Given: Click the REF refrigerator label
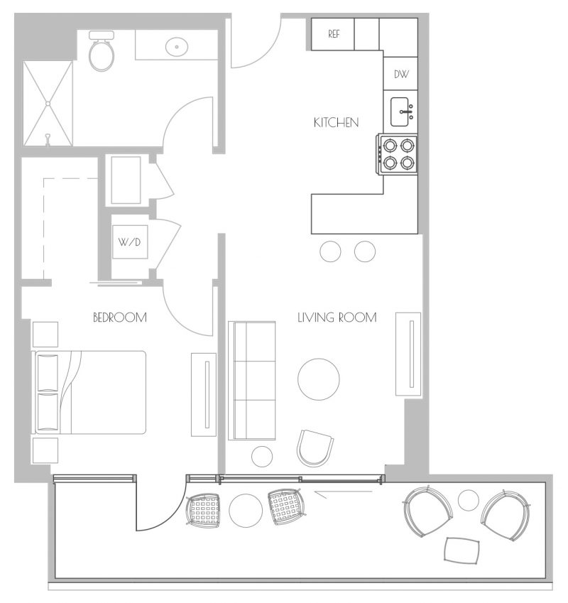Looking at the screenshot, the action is point(334,34).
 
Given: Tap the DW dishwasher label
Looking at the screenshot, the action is point(401,75).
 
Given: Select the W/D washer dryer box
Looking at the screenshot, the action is point(130,242).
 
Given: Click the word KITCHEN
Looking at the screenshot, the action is point(337,123).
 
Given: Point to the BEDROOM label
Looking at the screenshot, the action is point(120,317).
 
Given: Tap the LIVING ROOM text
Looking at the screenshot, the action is point(337,317).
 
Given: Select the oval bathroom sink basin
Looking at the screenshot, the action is point(177,47).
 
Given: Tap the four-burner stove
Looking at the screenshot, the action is point(398,155).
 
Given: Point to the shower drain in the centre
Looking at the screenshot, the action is point(48,104).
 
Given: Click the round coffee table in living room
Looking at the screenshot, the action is point(319,379).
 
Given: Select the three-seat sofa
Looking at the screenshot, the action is point(252,380).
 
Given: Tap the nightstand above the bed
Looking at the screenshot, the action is point(45,335).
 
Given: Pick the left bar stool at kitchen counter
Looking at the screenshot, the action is point(330,251).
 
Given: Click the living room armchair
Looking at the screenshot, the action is point(315,448).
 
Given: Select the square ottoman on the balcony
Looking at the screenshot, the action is point(462,550).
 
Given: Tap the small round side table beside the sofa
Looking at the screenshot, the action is point(262,457).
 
